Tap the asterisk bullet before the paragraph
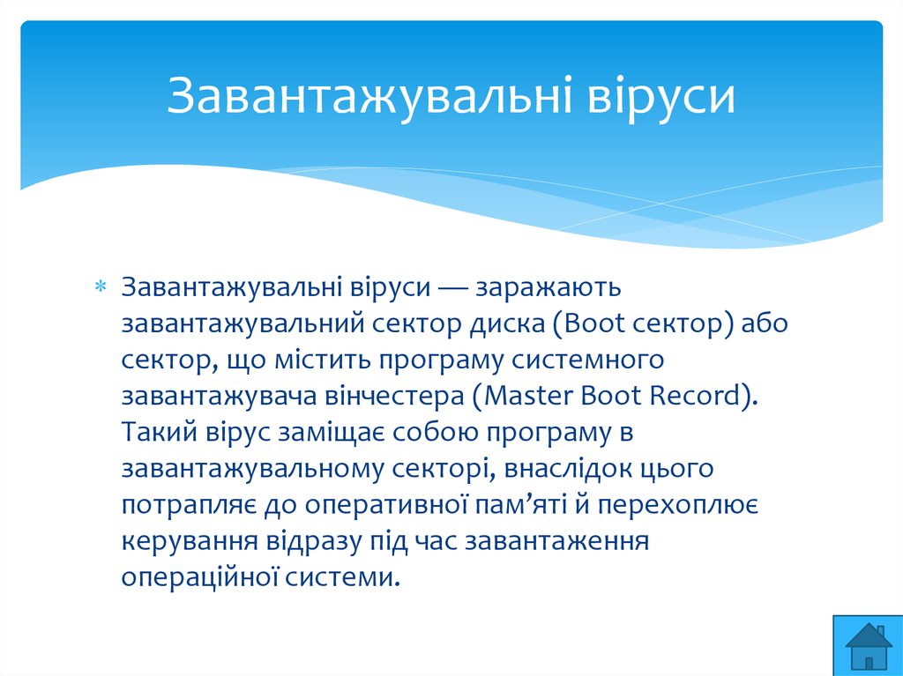(x=101, y=286)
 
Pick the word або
(x=764, y=323)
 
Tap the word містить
(x=323, y=360)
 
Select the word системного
(x=587, y=360)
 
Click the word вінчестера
(x=394, y=396)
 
